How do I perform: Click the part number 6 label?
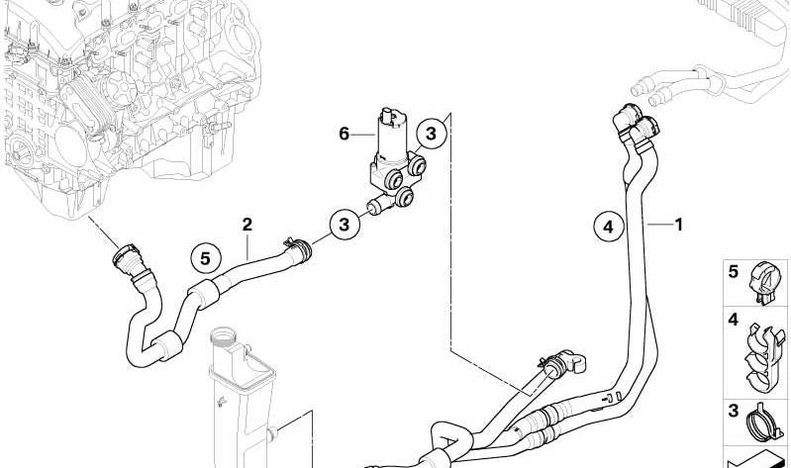coord(345,135)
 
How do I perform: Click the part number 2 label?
coord(247,225)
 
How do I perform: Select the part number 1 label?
coord(679,225)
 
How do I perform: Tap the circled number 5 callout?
coord(205,258)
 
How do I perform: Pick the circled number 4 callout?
coord(609,227)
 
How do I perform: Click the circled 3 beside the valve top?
coord(431,135)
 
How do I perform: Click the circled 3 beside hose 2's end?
coord(345,225)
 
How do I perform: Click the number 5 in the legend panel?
coord(733,272)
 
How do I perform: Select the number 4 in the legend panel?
coord(733,320)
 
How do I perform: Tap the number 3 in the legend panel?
coord(733,411)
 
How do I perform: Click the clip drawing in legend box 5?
coord(767,283)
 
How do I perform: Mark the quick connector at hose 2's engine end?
coord(128,259)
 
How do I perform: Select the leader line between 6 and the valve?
coord(362,135)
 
